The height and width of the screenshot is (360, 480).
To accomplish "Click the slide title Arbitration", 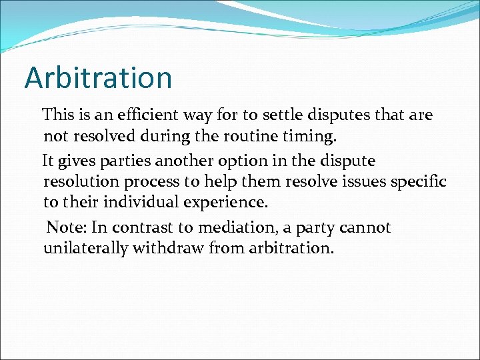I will [x=98, y=78].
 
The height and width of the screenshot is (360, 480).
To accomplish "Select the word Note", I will [x=67, y=227].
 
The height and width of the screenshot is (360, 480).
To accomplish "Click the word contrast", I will [x=140, y=227].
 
